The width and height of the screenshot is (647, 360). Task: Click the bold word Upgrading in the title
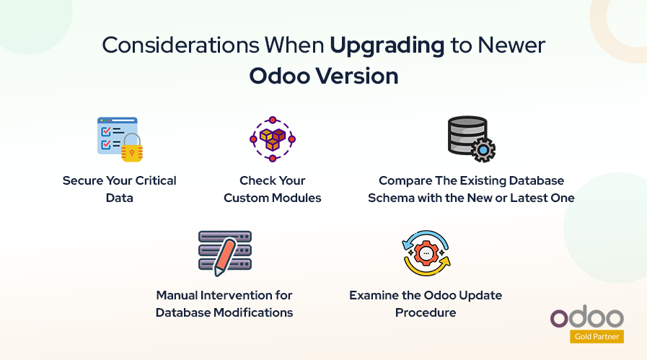point(387,45)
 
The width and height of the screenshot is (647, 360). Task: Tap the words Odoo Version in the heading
point(323,76)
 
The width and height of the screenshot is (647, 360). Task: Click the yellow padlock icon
point(132,149)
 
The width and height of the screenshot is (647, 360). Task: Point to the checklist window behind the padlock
point(113,134)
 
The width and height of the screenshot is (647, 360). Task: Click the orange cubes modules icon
point(273,138)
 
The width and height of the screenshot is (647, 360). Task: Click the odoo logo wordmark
point(586,317)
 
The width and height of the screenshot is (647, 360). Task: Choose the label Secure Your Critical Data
point(120,188)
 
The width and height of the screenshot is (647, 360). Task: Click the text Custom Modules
point(272,198)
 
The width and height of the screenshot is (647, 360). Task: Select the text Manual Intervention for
point(224,295)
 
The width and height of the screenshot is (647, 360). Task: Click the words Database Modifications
point(224,312)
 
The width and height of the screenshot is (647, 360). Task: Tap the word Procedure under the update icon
point(426,312)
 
